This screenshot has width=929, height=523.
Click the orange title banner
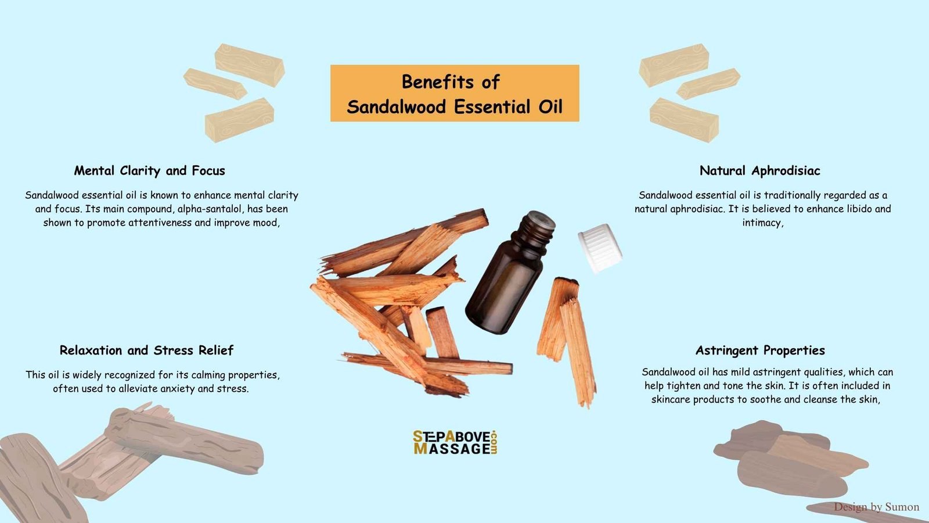tap(455, 93)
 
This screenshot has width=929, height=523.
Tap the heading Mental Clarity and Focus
tap(149, 171)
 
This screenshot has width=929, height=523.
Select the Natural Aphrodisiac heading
tap(760, 171)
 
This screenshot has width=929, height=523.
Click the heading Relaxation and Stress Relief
tap(146, 350)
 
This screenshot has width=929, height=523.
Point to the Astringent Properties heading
tap(760, 351)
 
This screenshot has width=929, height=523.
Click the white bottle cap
tap(600, 248)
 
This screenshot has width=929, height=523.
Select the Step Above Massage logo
tap(455, 442)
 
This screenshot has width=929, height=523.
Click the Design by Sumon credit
tap(876, 507)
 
